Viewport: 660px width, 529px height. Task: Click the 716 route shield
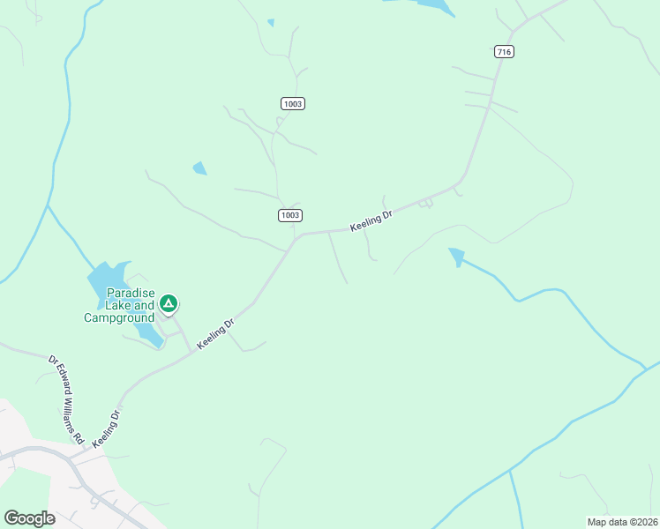point(504,52)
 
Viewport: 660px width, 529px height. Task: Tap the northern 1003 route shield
point(293,104)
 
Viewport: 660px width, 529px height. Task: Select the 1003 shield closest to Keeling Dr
point(289,215)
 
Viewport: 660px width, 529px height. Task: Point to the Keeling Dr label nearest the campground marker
point(216,332)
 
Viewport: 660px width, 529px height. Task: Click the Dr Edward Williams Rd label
point(65,399)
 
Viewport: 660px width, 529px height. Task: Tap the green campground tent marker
point(169,304)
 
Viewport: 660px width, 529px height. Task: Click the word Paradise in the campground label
point(131,293)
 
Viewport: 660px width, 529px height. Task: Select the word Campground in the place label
point(119,317)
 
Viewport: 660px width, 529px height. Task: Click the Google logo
point(29,518)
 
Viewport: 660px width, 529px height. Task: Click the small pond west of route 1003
point(200,168)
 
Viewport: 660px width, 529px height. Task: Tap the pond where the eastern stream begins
point(456,256)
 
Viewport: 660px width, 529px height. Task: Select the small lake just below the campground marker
point(149,334)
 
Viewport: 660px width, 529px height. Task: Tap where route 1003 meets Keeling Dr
point(296,237)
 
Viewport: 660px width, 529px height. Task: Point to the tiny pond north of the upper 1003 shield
point(271,22)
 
